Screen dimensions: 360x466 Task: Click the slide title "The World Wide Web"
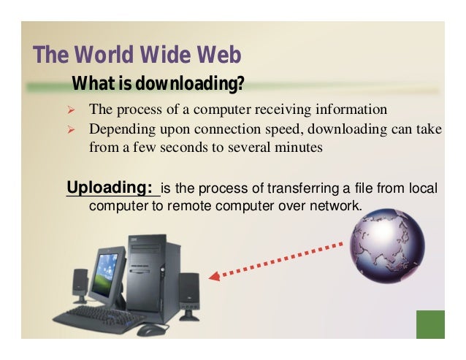click(137, 55)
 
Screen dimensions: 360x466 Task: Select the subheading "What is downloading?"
click(158, 85)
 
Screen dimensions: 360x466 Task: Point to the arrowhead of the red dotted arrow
click(214, 277)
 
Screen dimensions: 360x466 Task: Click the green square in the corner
click(429, 324)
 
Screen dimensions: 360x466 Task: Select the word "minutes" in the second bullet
click(297, 147)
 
